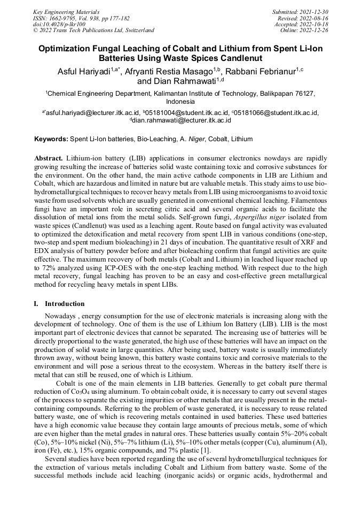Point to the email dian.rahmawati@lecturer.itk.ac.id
point(182,121)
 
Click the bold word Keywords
point(51,139)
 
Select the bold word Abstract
point(49,159)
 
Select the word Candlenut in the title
point(258,58)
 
